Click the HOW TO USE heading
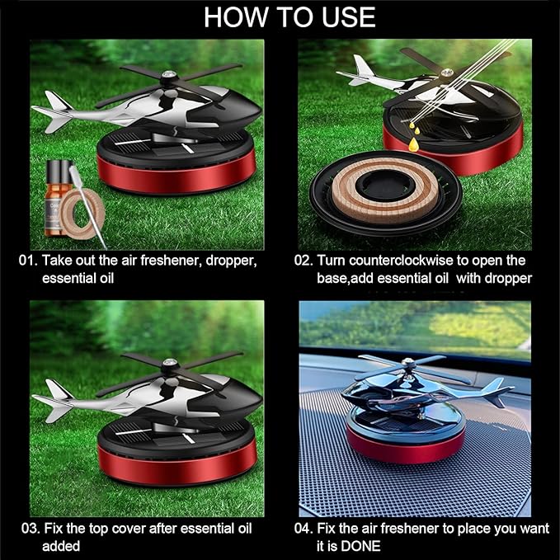pyautogui.click(x=289, y=16)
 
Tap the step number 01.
pyautogui.click(x=28, y=261)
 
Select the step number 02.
pyautogui.click(x=304, y=261)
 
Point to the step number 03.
pyautogui.click(x=28, y=529)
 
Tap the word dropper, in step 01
pyautogui.click(x=228, y=261)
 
